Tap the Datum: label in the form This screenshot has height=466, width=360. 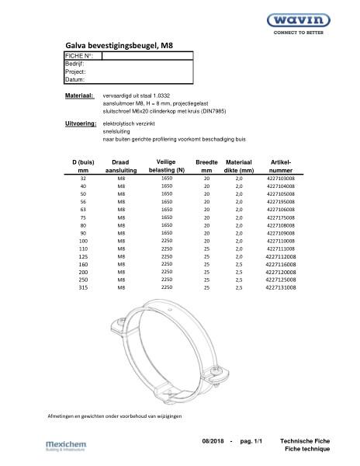(74, 79)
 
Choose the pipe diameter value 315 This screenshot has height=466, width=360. (83, 287)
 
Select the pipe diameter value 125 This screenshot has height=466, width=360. (83, 256)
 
